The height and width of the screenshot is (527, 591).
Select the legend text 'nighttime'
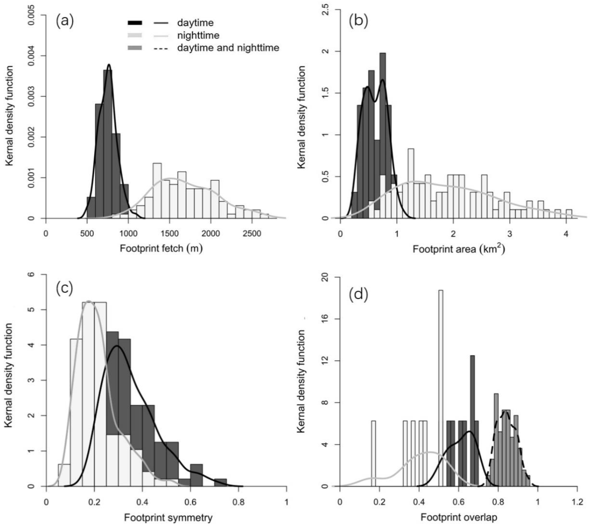click(198, 35)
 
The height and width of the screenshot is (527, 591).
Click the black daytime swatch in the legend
click(135, 23)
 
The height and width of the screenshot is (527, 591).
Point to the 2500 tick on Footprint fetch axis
click(252, 233)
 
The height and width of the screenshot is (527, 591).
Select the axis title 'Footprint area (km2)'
click(459, 249)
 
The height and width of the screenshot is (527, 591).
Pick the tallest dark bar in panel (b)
click(383, 116)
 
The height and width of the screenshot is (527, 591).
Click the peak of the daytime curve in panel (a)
click(109, 65)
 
